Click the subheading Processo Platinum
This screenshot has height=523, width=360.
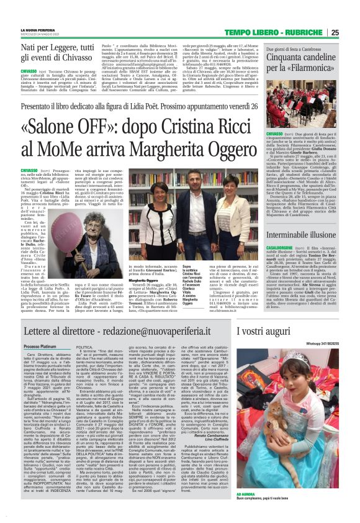(40, 347)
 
